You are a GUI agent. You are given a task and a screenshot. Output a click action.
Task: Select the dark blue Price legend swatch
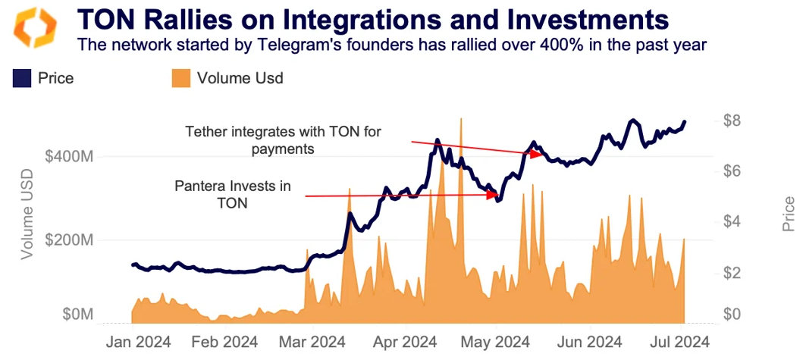[21, 78]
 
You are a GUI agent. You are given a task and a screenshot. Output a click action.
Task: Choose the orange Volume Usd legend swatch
[180, 78]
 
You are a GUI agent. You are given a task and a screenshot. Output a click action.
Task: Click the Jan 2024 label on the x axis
[137, 340]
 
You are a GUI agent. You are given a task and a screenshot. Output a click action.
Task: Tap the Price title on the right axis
[789, 213]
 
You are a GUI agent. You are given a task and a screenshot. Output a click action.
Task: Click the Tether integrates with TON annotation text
[284, 140]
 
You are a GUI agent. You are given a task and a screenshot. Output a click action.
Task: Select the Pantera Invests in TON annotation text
[232, 194]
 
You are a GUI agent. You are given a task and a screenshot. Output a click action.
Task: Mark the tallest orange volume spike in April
[460, 121]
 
